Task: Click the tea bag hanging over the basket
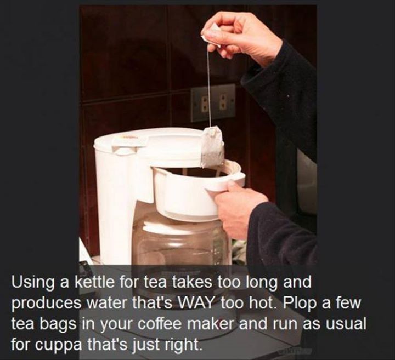click(x=213, y=147)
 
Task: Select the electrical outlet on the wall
click(x=213, y=103)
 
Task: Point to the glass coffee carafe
click(x=182, y=242)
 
